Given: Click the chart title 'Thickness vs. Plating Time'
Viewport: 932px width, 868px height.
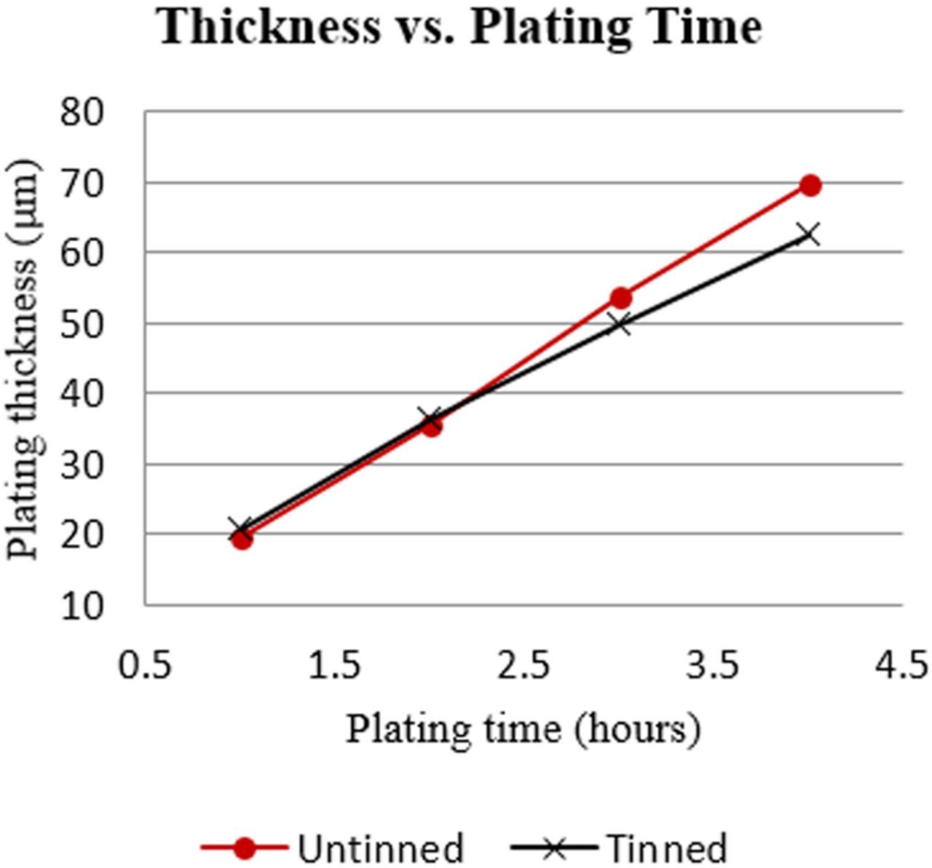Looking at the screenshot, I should [x=460, y=28].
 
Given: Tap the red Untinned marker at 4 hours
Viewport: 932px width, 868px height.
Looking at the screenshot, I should [x=810, y=186].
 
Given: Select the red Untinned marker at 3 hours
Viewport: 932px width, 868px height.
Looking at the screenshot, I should [x=621, y=298].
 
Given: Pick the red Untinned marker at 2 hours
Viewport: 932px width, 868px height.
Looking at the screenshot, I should [x=432, y=426].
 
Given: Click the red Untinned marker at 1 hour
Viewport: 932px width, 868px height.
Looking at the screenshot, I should [x=242, y=539].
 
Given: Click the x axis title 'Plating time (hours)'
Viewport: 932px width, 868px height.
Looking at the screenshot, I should [x=523, y=729].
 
